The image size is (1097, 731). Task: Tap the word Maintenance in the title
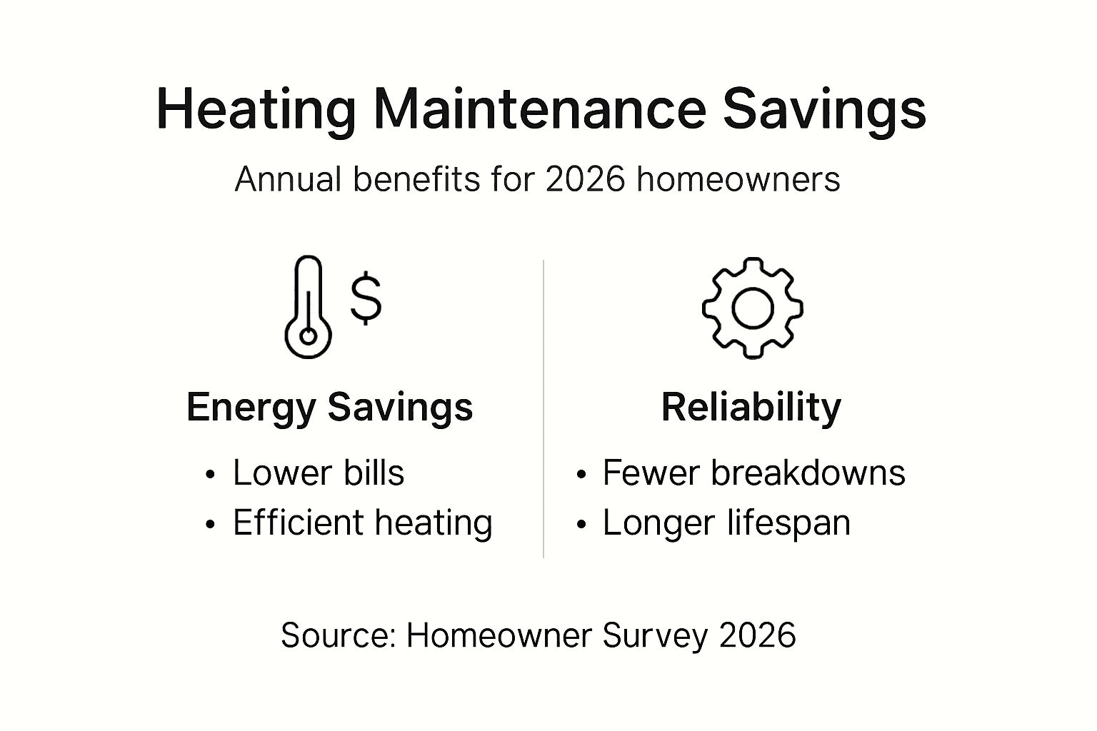(x=539, y=109)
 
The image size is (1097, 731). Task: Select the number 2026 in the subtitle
(x=586, y=178)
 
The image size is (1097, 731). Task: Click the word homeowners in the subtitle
(x=738, y=178)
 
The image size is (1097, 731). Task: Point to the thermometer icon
(x=308, y=307)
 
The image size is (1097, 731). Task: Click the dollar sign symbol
(x=366, y=298)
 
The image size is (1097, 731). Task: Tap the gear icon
(x=752, y=308)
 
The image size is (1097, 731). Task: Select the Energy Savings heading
(x=329, y=407)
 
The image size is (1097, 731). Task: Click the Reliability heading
(x=751, y=407)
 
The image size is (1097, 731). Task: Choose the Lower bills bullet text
(x=319, y=473)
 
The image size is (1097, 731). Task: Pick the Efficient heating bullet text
(x=363, y=523)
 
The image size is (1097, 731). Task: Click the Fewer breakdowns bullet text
(x=753, y=473)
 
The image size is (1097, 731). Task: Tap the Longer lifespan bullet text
(x=726, y=523)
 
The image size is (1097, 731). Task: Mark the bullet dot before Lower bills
(x=210, y=475)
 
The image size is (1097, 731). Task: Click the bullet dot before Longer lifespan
(x=581, y=525)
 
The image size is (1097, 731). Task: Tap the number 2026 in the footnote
(x=757, y=635)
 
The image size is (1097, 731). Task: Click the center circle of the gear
(x=752, y=308)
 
